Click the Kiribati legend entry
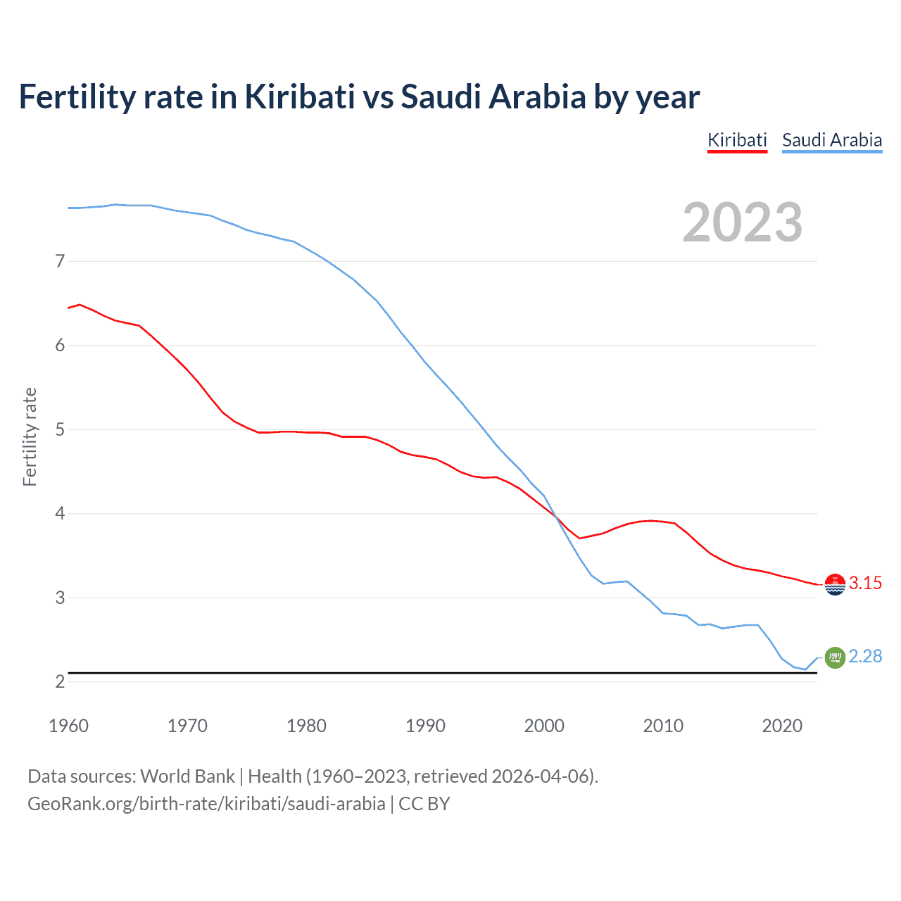click(x=737, y=140)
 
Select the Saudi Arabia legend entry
click(x=832, y=140)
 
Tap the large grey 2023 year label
click(x=742, y=222)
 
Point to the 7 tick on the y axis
click(x=60, y=261)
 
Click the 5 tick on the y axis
click(x=60, y=429)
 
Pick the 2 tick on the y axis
click(x=60, y=681)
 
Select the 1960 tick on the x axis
click(x=68, y=726)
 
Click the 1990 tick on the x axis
click(x=425, y=726)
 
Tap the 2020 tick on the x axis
click(x=782, y=726)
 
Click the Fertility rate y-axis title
click(x=30, y=436)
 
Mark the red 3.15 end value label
click(x=865, y=583)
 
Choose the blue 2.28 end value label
click(x=865, y=656)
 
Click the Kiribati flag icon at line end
click(x=835, y=584)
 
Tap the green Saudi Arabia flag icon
click(x=835, y=657)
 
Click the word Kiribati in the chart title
click(x=299, y=96)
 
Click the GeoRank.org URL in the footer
click(x=206, y=803)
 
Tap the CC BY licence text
click(x=424, y=803)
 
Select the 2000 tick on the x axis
click(x=544, y=726)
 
